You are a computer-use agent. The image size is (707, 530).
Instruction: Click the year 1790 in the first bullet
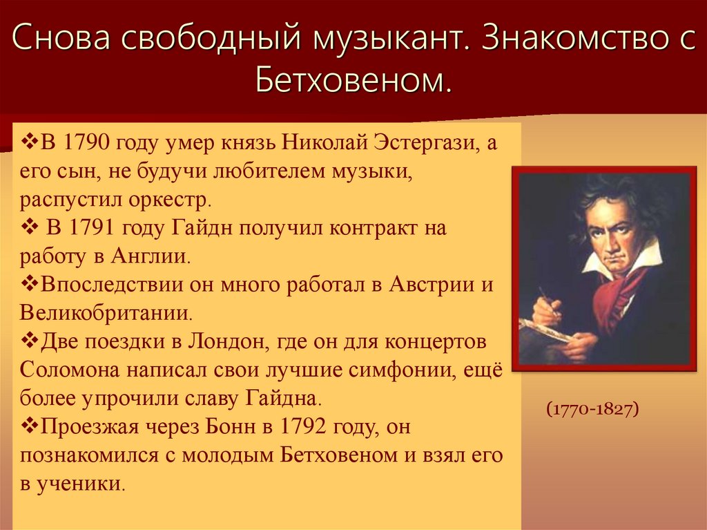tap(87, 144)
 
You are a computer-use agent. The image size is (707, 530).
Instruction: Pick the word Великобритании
tap(105, 313)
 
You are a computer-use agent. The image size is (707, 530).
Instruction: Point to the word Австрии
tap(429, 285)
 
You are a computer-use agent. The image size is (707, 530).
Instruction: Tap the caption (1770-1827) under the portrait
tap(592, 409)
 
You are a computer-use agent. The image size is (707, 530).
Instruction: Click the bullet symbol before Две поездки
tap(30, 341)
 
